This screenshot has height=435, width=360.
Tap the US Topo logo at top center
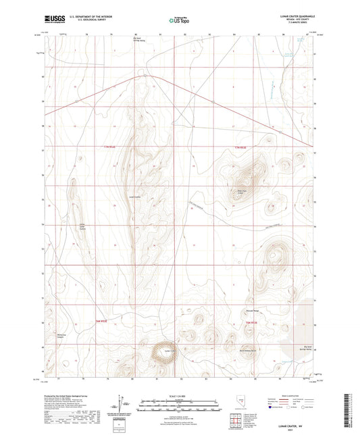[179, 20]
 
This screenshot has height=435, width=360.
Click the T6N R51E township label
[100, 322]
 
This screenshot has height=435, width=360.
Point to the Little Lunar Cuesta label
[83, 228]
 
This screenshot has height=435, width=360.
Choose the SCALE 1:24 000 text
[179, 395]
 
